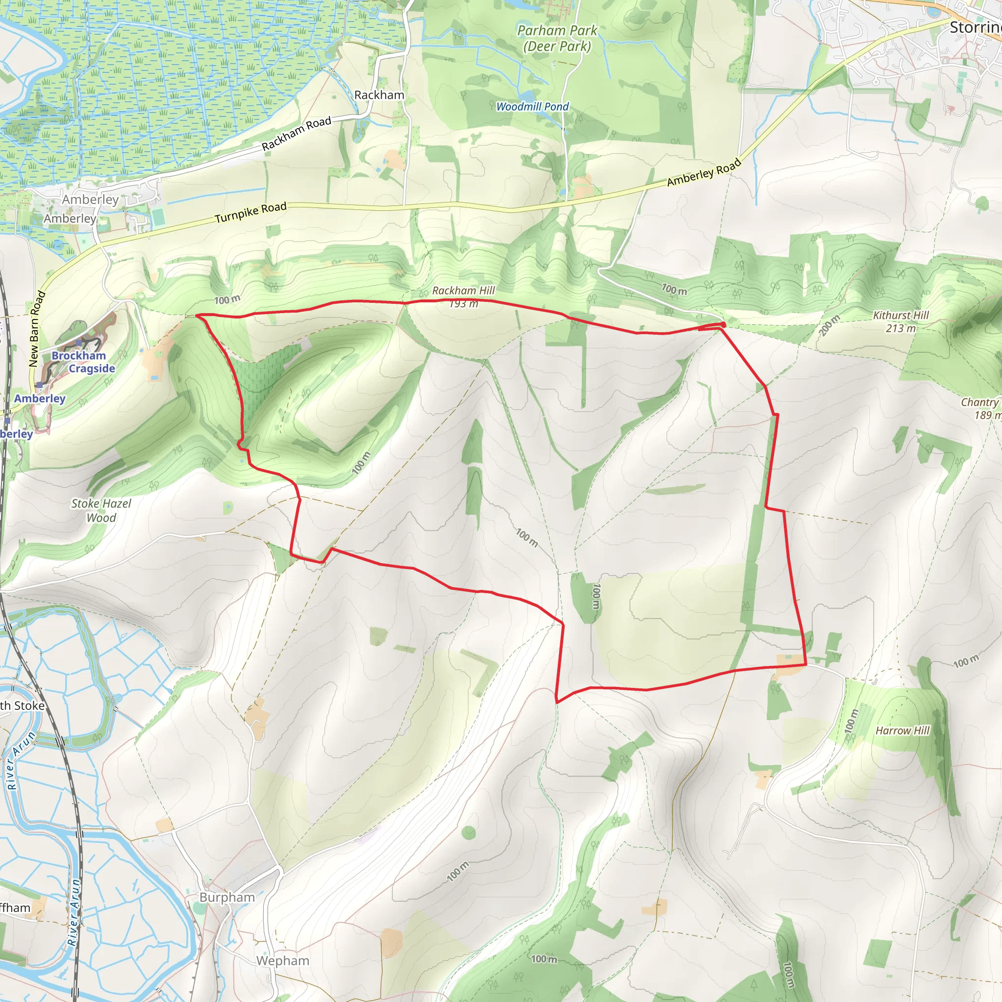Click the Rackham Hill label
(x=463, y=291)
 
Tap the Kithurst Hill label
(x=901, y=316)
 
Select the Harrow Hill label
(x=902, y=730)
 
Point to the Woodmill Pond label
(x=532, y=106)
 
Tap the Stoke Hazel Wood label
(x=101, y=510)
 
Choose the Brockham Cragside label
(x=83, y=362)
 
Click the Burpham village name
(x=227, y=897)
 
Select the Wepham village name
(x=283, y=960)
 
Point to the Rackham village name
(x=379, y=95)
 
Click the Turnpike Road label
(x=250, y=213)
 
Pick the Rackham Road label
(x=296, y=133)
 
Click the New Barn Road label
(x=36, y=329)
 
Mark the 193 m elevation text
(x=464, y=304)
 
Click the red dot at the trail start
(x=723, y=325)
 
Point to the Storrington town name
(x=975, y=27)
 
